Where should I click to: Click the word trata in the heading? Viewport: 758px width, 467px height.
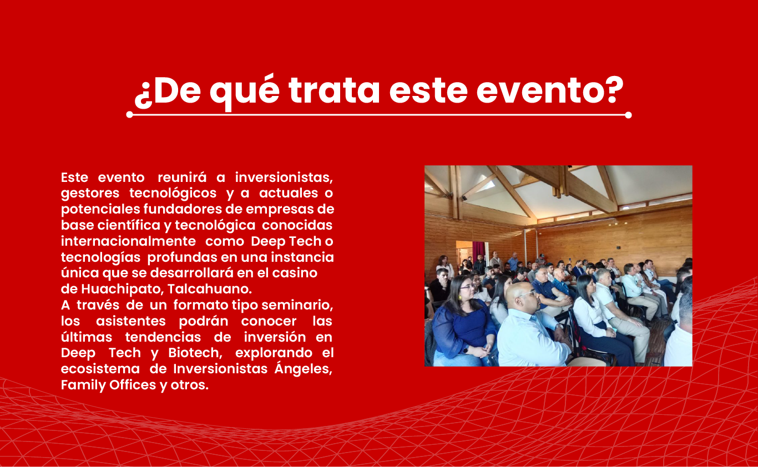(334, 91)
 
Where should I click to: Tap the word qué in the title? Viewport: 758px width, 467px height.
(245, 92)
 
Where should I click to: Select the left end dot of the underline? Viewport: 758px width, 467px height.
(130, 115)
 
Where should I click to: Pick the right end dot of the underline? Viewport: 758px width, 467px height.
(628, 115)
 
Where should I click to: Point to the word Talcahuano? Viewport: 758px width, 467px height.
(209, 289)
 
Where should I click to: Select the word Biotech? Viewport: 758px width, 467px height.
(195, 353)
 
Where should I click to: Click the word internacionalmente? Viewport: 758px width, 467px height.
(129, 241)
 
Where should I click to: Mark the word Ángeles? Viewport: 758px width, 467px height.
(303, 368)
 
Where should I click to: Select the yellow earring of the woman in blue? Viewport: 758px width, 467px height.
(460, 298)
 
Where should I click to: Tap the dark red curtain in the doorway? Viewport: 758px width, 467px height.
(478, 249)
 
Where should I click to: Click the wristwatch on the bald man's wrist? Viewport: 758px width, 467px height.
(558, 327)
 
